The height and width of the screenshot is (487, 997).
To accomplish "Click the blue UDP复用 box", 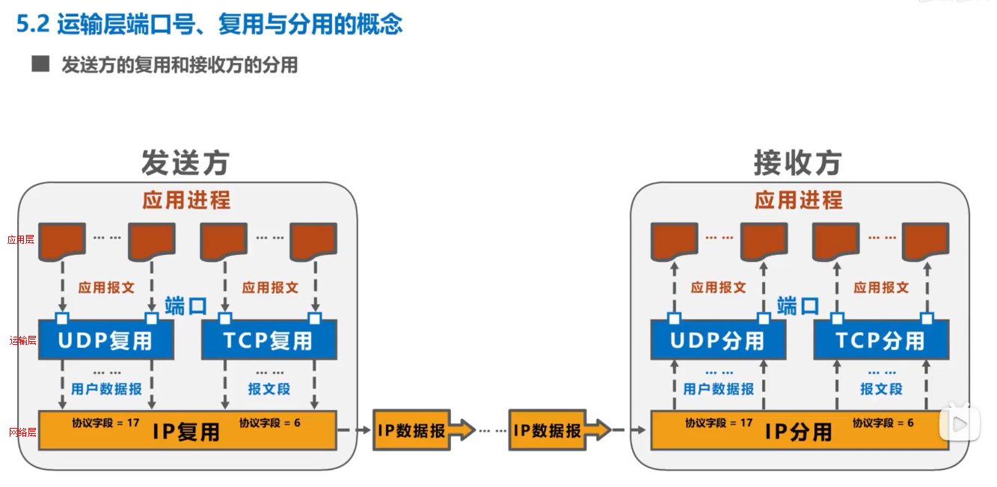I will click(x=106, y=341).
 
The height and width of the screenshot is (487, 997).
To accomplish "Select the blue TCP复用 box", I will click(x=269, y=341).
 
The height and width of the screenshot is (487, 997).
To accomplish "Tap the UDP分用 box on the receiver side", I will click(x=717, y=341).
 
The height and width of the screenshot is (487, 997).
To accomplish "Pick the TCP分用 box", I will click(x=880, y=341).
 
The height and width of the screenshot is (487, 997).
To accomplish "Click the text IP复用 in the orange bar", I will click(x=186, y=432).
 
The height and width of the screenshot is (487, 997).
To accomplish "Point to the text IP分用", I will click(x=798, y=432).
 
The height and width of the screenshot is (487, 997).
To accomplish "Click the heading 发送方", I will click(x=185, y=162).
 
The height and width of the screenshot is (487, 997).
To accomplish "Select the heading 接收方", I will click(x=797, y=162).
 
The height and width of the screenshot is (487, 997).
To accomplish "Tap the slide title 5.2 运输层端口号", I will click(x=209, y=24).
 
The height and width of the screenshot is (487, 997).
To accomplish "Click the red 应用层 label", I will click(x=21, y=240).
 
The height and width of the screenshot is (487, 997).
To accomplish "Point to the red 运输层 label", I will click(x=22, y=340).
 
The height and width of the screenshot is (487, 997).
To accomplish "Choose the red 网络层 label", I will click(x=22, y=432).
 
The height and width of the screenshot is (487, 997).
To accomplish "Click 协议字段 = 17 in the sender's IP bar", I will click(x=105, y=423).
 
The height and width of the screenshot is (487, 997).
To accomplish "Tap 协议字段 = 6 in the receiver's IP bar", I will click(x=883, y=423).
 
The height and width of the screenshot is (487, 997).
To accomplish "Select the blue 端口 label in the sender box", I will click(x=185, y=305).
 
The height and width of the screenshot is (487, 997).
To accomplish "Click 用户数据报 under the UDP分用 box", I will click(x=718, y=389).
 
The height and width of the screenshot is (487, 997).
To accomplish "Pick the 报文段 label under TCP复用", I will click(x=269, y=389).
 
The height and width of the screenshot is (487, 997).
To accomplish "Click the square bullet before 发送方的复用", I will click(x=40, y=64).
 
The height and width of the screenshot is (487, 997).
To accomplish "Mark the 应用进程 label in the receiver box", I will click(x=798, y=200).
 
